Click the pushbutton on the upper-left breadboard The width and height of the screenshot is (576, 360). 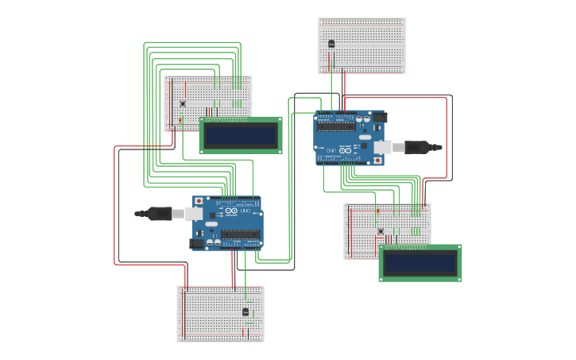183,103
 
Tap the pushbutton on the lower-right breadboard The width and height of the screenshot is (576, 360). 380,231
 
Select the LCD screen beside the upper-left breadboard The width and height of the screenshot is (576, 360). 241,135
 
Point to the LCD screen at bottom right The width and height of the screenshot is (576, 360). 420,263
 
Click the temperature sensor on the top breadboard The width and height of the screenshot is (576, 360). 331,44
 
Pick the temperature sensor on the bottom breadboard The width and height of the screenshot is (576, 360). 245,312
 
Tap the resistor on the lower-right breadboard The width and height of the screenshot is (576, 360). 377,212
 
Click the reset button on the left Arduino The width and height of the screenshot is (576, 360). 199,202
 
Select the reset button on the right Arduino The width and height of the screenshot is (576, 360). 377,160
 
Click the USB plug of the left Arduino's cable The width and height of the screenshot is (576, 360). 160,213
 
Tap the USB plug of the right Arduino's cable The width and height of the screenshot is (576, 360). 416,147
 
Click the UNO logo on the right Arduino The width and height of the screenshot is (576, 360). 345,149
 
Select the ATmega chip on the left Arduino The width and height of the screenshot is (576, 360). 240,234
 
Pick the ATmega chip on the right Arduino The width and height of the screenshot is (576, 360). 336,126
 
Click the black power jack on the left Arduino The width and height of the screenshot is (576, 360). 197,243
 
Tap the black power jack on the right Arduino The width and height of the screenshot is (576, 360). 380,117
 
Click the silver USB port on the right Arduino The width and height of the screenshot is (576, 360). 383,147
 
